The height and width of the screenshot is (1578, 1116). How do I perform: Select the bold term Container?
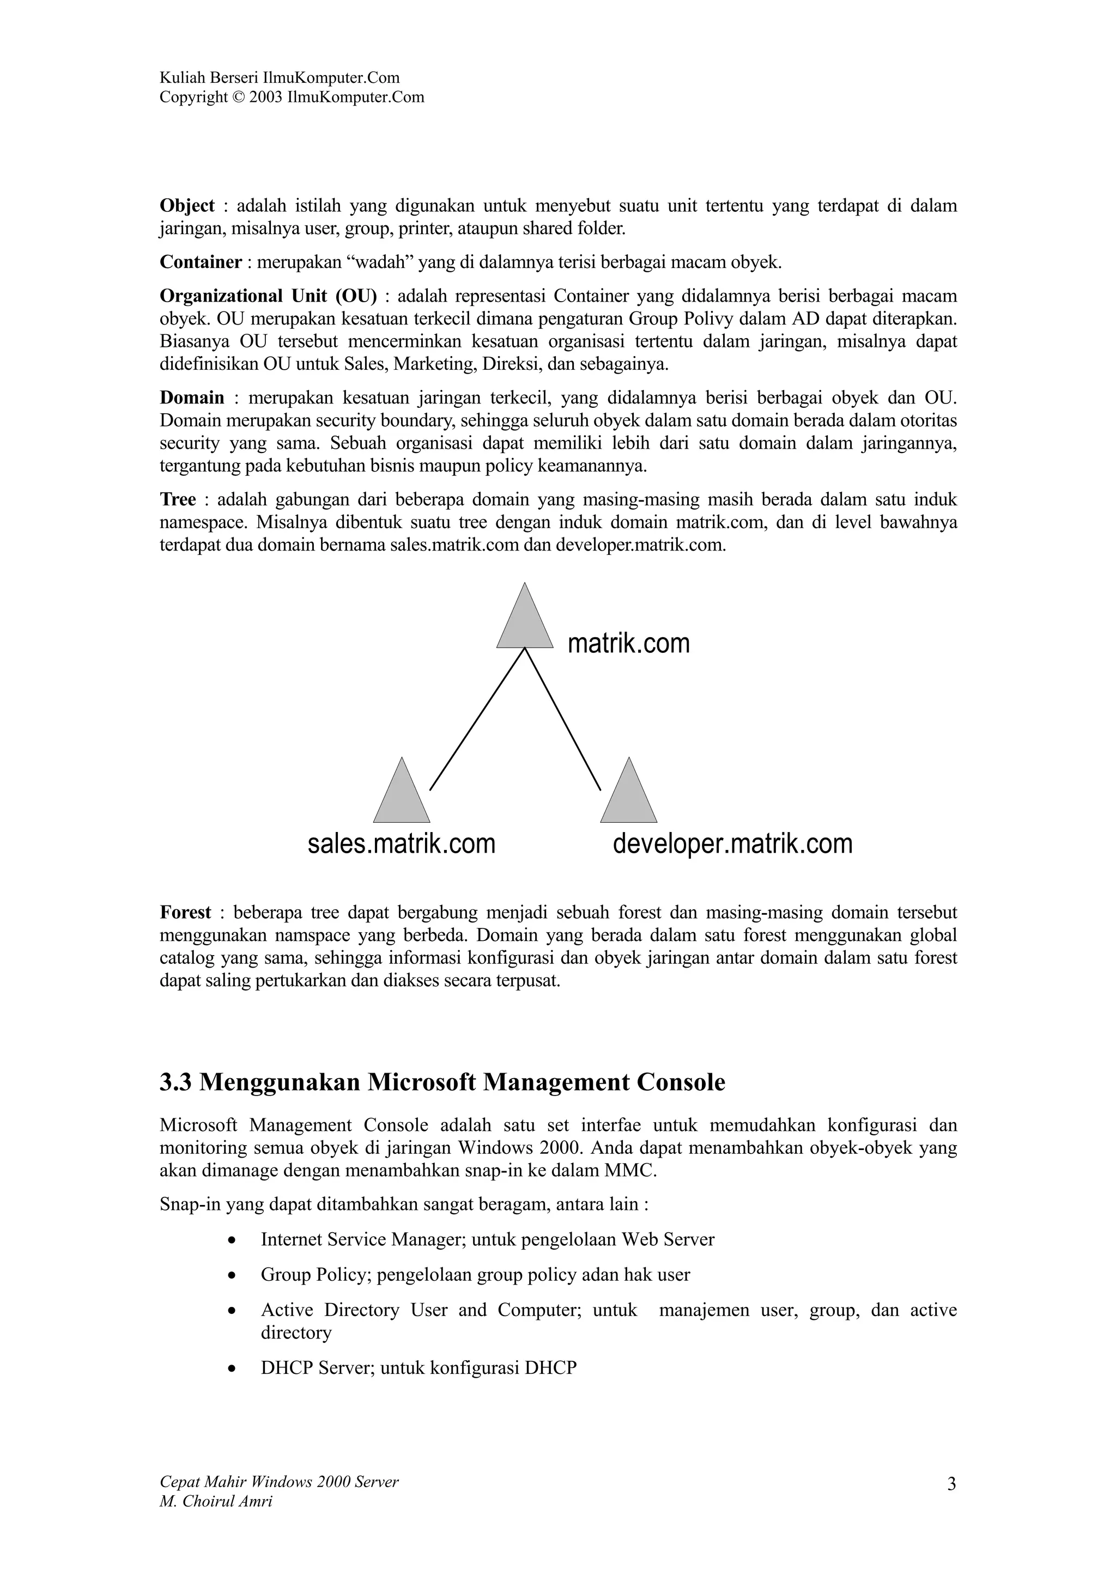(x=201, y=262)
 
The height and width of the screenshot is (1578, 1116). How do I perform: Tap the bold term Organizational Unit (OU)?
(x=268, y=296)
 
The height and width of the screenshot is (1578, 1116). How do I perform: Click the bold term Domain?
(x=192, y=398)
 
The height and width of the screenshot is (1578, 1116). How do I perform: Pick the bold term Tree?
(x=178, y=500)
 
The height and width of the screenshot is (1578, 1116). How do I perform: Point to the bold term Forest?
(x=185, y=913)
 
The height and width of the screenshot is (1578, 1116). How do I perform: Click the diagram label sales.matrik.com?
(x=402, y=844)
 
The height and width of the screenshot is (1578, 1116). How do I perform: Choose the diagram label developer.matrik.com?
(x=732, y=844)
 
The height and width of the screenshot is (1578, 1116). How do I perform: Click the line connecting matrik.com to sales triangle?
(x=477, y=719)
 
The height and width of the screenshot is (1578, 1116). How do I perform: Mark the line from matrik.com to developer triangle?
(x=562, y=719)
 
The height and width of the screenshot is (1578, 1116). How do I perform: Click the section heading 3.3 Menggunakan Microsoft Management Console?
(x=442, y=1082)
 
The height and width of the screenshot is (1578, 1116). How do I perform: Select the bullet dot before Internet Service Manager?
(x=233, y=1240)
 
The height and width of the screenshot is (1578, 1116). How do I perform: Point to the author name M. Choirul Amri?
(x=216, y=1502)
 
